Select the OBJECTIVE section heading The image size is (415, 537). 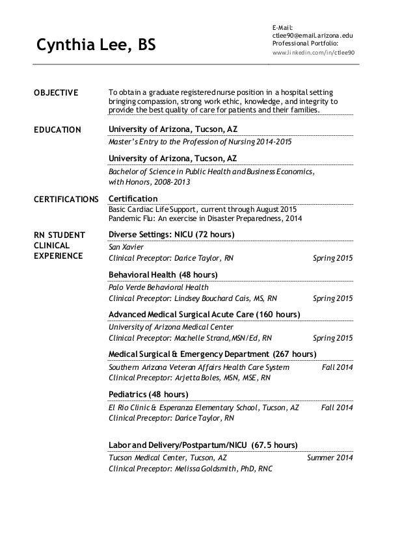pos(55,93)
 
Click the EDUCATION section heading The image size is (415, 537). pos(57,130)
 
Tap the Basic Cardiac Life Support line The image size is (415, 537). pos(202,209)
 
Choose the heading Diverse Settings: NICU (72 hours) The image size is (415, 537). pos(172,234)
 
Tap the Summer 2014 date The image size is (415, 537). pos(330,458)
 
